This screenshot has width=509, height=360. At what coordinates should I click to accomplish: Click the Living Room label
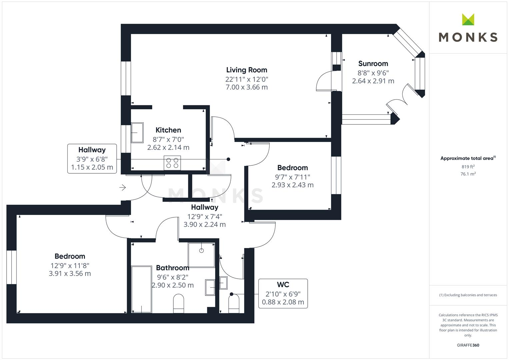pos(246,70)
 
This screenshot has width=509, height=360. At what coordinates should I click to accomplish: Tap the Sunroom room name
pos(373,64)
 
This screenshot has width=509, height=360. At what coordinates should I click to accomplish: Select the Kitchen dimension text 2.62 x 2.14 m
pos(168,147)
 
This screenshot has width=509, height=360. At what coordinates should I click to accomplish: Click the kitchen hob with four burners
pos(172,163)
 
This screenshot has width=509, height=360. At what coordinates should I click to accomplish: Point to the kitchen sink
pos(137,133)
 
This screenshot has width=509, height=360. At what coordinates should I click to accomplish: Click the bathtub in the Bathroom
pos(142,289)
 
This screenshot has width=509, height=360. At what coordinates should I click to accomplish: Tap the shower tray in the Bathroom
pos(201,255)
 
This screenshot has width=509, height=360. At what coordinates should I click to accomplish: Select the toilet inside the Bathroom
pos(179,303)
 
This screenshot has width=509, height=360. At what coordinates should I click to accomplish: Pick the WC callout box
pos(283,293)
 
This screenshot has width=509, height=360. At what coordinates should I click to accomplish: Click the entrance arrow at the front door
pos(123,188)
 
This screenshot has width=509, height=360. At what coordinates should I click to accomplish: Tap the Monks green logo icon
pos(468,20)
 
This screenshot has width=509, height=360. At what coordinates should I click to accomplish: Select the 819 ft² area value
pos(468,167)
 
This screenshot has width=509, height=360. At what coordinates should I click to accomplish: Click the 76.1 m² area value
pos(468,174)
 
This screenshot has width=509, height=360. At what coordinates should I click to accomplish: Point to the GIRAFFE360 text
pos(468,345)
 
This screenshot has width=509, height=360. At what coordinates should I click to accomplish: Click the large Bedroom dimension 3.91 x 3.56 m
pos(70,274)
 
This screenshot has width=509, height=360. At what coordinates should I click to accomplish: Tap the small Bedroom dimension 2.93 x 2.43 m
pos(292,185)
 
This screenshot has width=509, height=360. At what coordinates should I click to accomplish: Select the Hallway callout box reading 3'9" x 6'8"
pos(92,159)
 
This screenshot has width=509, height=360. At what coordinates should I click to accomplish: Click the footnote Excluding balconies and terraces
pos(468,295)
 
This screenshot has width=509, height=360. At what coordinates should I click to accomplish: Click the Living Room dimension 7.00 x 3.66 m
pos(246,87)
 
